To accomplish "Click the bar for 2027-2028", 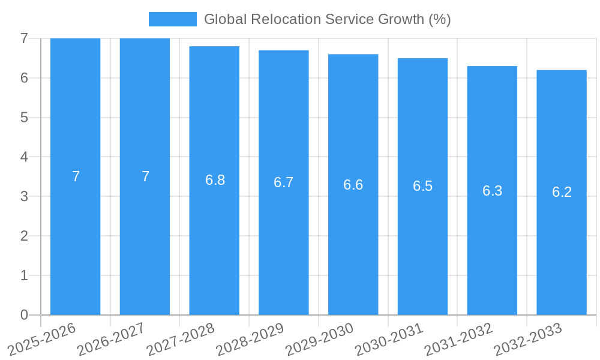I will tap(214, 240).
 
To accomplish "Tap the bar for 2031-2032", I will tap(492, 252).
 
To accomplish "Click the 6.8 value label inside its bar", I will tap(215, 180).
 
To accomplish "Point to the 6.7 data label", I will tap(283, 182).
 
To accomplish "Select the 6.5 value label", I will tap(422, 186).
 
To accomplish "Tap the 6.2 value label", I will tap(562, 192).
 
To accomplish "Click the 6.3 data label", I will tap(492, 191).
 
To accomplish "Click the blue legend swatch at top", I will tap(172, 19).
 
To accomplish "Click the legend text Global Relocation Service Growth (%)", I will tap(327, 19).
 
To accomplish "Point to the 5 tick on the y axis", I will tap(24, 118).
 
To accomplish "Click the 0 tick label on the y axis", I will tap(24, 315).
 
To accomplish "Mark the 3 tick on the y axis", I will tap(24, 196).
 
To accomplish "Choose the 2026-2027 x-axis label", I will tap(111, 339).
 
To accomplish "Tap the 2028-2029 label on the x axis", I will tap(250, 339).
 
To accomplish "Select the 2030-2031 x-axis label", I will tap(389, 339).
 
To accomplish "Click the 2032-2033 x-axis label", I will tap(527, 339).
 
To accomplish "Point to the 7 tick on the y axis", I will tap(24, 38).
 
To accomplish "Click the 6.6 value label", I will tap(353, 185).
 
